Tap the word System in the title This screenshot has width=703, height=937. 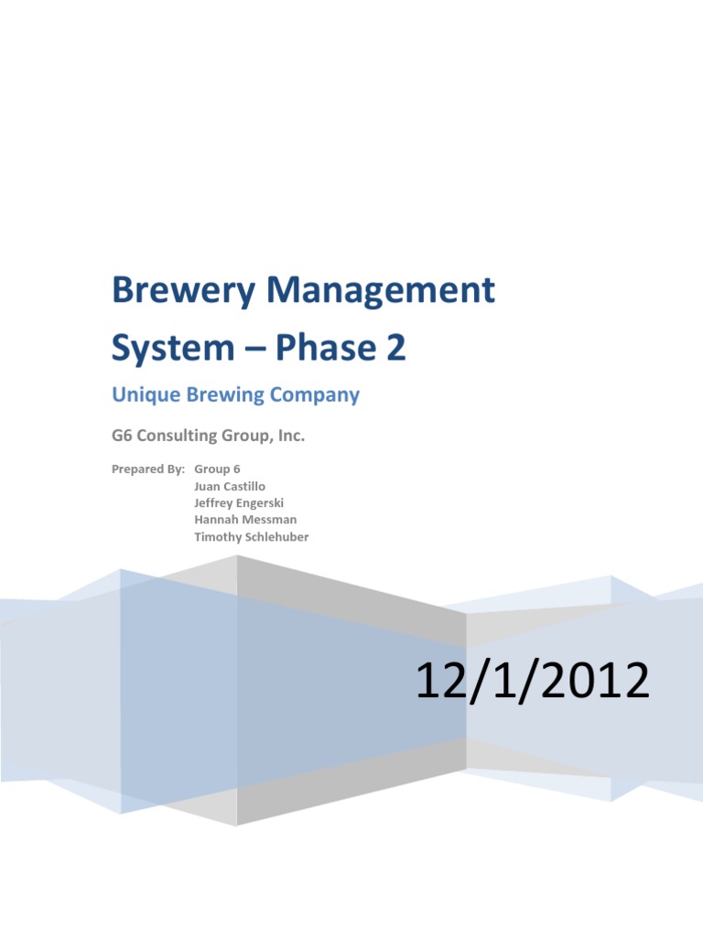[x=173, y=350]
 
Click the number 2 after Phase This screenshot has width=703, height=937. [x=395, y=349]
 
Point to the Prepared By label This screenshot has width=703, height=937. [x=147, y=469]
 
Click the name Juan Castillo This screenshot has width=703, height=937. [x=230, y=487]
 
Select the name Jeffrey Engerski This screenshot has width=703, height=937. [x=238, y=503]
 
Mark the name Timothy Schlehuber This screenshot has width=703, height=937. [x=251, y=537]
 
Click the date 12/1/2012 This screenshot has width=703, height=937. [x=533, y=683]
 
